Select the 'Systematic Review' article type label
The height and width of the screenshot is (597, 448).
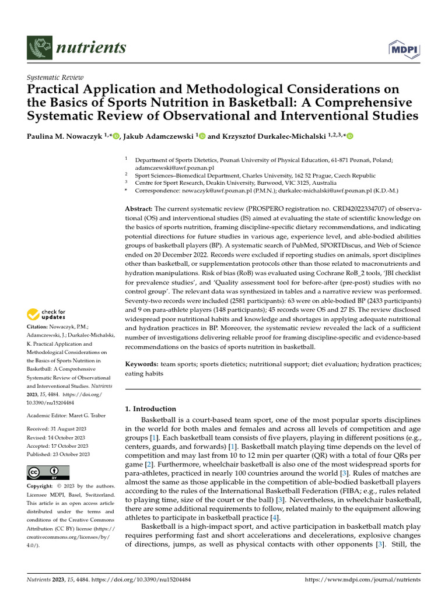55,78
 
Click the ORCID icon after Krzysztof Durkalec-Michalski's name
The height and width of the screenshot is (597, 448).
350,136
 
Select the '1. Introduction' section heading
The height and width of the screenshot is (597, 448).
150,409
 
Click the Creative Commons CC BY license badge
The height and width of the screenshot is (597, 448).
48,472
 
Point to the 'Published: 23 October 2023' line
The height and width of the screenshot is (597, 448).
58,454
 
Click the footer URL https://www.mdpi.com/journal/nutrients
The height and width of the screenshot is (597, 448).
363,580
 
